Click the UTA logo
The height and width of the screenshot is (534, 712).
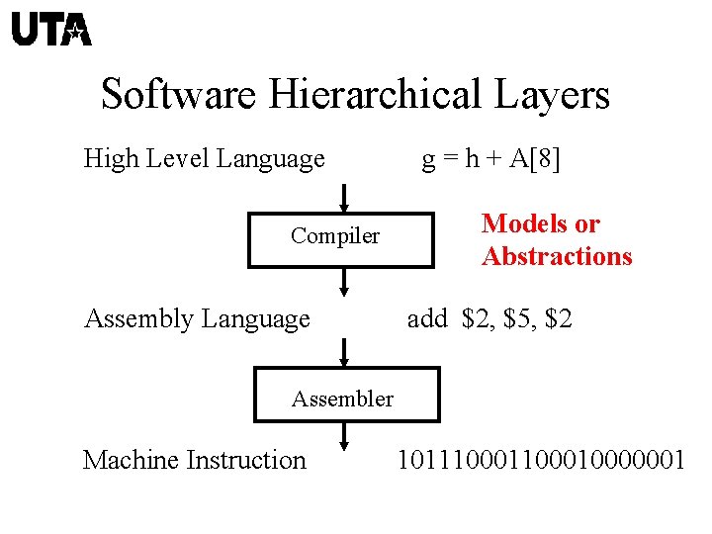coord(51,30)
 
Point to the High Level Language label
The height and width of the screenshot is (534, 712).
coord(205,158)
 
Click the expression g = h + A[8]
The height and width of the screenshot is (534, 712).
coord(491,158)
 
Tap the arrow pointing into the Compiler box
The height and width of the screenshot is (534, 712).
coord(342,197)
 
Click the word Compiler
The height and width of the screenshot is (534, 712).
coord(335,236)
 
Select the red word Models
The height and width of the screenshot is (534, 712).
coord(540,224)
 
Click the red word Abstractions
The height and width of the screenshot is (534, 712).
coord(557,257)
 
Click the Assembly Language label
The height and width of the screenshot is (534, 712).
coord(198,318)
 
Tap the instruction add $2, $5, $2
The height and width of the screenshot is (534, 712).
coord(489,318)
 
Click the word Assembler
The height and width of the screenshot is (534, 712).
coord(342,400)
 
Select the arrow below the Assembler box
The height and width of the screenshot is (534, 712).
coord(342,437)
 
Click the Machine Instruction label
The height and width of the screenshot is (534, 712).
coord(195,460)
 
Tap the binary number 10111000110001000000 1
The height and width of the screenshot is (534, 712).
coord(540,460)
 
